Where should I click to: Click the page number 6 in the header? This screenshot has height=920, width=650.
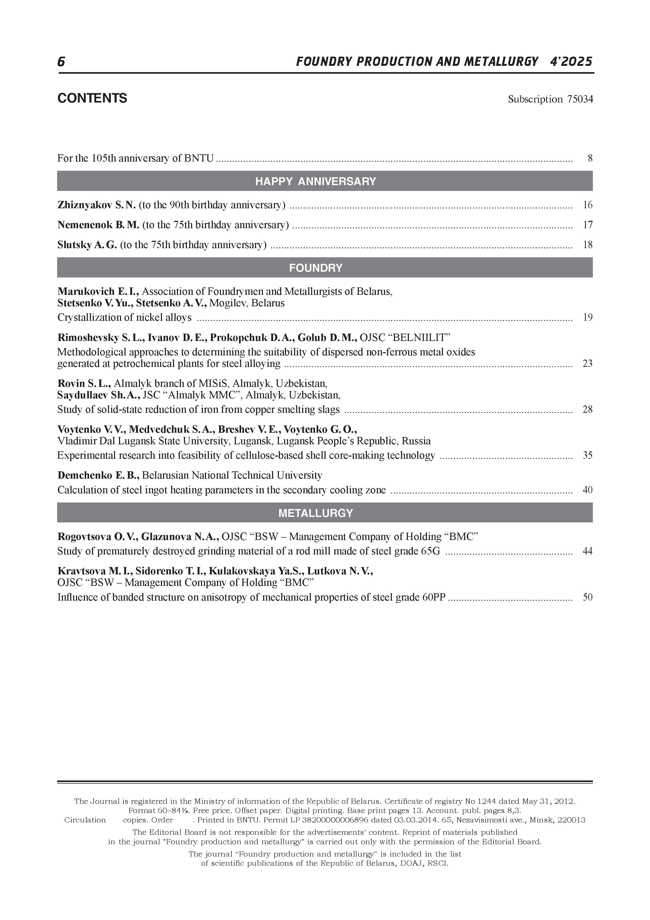click(61, 62)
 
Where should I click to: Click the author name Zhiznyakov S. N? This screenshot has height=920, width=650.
click(96, 205)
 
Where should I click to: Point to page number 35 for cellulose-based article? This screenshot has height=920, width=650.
click(587, 456)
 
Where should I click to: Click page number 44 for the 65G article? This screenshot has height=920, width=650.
click(587, 551)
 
